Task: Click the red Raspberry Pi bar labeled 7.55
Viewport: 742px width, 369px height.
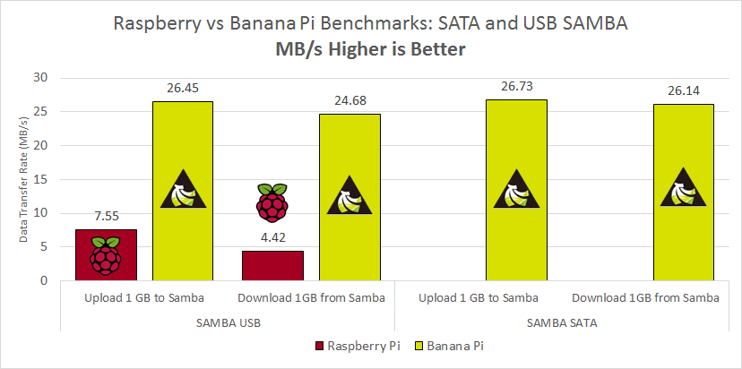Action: pyautogui.click(x=106, y=255)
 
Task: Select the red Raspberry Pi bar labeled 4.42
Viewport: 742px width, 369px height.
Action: pyautogui.click(x=272, y=266)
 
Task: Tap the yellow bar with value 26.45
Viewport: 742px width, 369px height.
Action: pyautogui.click(x=183, y=191)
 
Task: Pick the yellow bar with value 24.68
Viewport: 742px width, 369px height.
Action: pyautogui.click(x=349, y=197)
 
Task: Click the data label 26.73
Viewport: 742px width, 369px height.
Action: pyautogui.click(x=516, y=87)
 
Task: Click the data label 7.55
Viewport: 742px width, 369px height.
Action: pyautogui.click(x=106, y=217)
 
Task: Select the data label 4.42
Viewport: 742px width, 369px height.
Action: pyautogui.click(x=272, y=238)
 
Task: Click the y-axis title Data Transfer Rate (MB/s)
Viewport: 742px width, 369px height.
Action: pyautogui.click(x=25, y=179)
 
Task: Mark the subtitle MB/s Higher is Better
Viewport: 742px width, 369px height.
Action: pyautogui.click(x=370, y=50)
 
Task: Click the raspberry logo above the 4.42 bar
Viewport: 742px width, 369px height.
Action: pyautogui.click(x=272, y=202)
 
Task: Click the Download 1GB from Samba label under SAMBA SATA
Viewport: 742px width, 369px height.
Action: pyautogui.click(x=645, y=297)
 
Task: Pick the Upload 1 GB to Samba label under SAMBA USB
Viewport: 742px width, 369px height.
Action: pyautogui.click(x=144, y=297)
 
